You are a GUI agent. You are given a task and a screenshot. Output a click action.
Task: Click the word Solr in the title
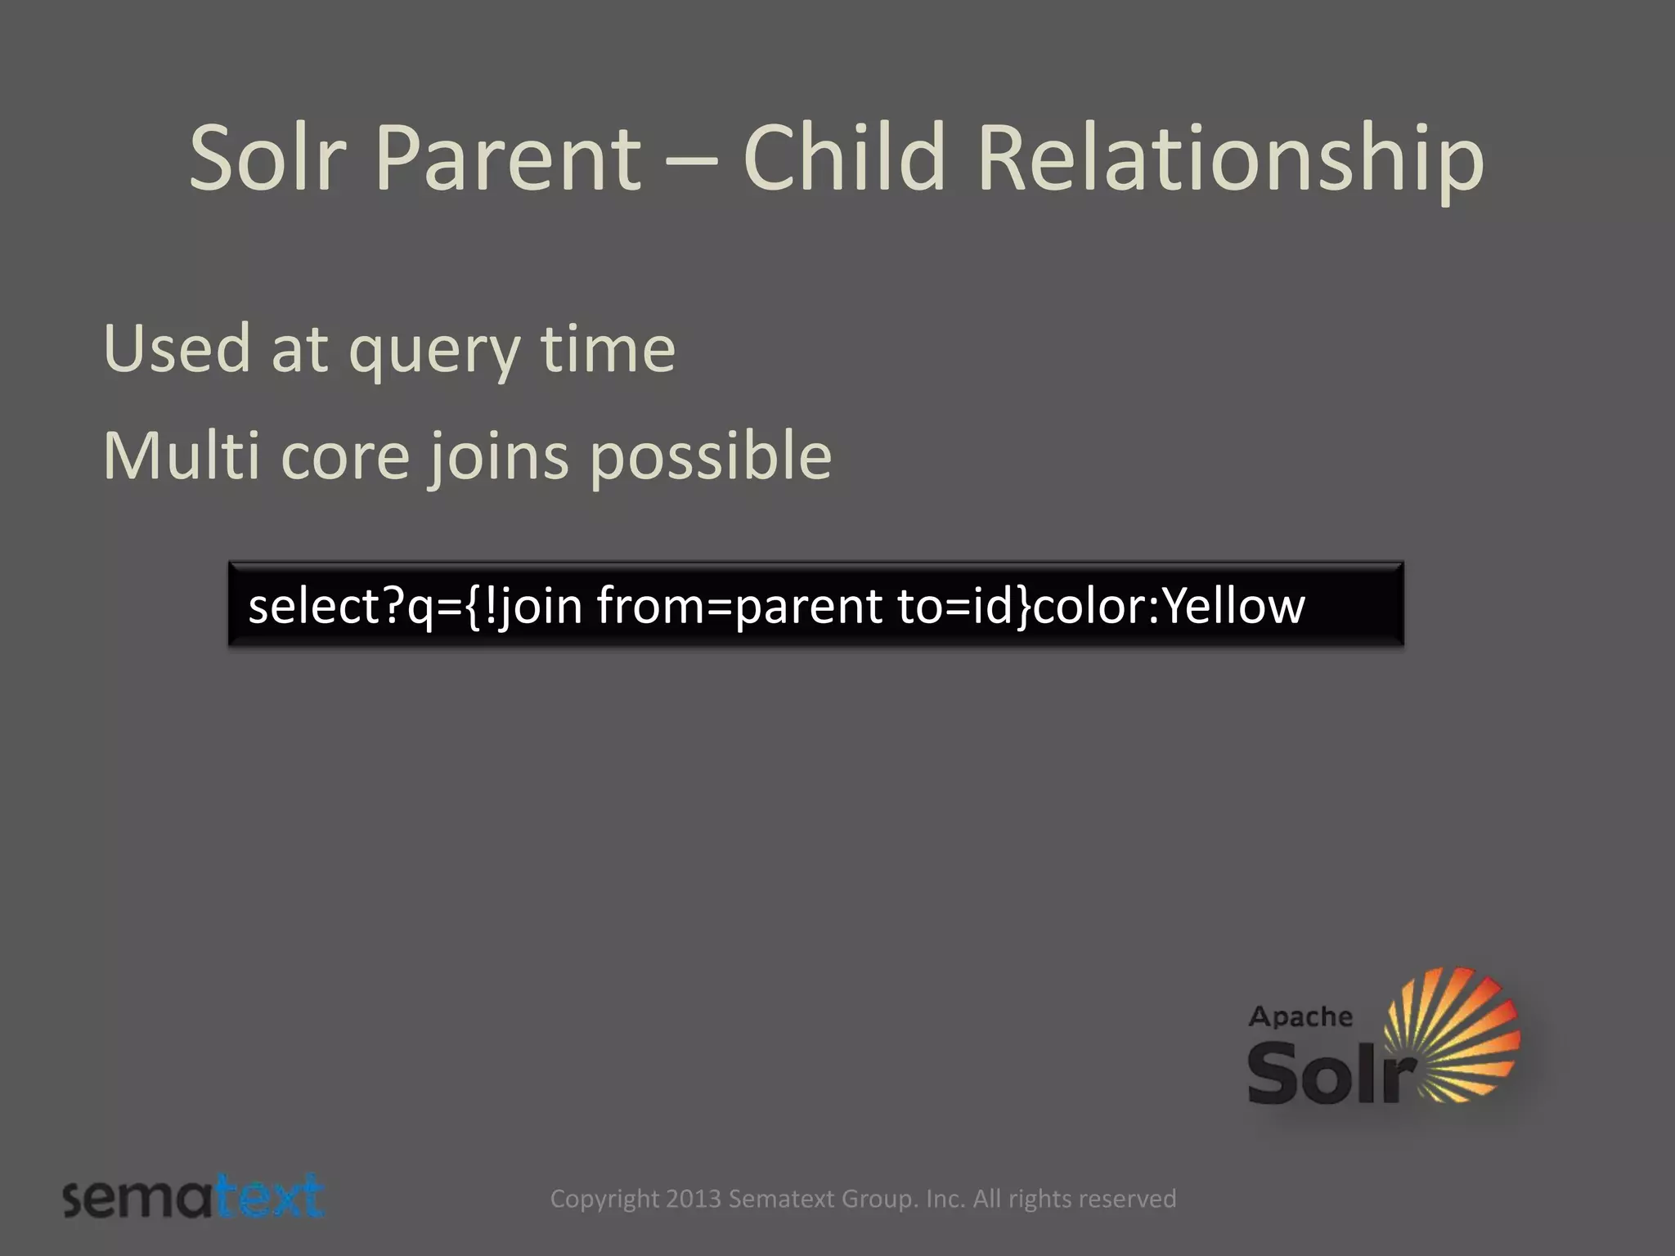[x=268, y=157]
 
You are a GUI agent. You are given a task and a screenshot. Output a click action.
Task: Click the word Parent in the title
[x=507, y=157]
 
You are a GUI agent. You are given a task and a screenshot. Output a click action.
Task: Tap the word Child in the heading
[x=844, y=157]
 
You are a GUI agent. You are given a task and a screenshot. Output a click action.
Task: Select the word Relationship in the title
[x=1230, y=157]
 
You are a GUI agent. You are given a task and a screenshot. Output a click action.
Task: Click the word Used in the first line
[x=177, y=349]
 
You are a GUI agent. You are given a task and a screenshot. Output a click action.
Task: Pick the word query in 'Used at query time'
[x=434, y=353]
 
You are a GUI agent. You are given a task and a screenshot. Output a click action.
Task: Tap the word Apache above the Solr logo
[x=1300, y=1017]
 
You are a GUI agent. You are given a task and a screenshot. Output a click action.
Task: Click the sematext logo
[x=194, y=1198]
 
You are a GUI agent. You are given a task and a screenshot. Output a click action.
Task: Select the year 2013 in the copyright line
[x=694, y=1199]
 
